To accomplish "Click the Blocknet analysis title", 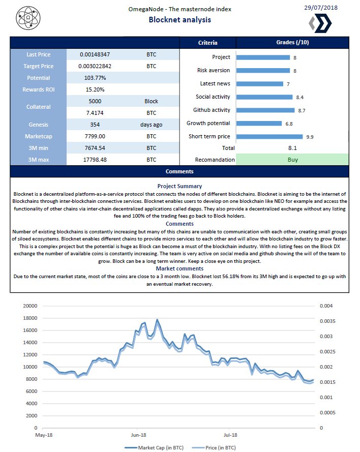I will coord(179,20).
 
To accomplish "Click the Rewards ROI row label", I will coord(38,89).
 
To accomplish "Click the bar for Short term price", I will coord(269,136).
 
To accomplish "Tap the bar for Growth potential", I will coord(258,123).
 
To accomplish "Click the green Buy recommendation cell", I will coord(292,159).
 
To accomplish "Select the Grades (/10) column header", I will coord(292,43).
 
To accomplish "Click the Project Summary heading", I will coord(179,186).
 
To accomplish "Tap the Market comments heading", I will coord(179,268).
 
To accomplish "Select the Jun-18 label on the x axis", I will coord(138,435).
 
